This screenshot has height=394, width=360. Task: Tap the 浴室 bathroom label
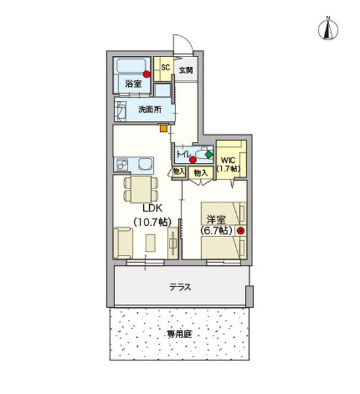pyautogui.click(x=133, y=84)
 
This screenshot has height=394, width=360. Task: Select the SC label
pyautogui.click(x=166, y=67)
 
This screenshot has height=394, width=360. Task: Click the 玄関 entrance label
pyautogui.click(x=185, y=70)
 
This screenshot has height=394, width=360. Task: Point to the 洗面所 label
pyautogui.click(x=150, y=110)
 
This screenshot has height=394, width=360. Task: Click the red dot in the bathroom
pyautogui.click(x=146, y=74)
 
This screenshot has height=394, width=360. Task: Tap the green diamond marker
pyautogui.click(x=209, y=154)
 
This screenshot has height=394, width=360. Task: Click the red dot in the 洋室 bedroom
pyautogui.click(x=240, y=230)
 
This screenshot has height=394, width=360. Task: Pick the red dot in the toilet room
pyautogui.click(x=192, y=159)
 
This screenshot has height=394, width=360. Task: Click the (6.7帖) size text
pyautogui.click(x=216, y=231)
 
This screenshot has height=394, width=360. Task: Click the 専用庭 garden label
pyautogui.click(x=179, y=334)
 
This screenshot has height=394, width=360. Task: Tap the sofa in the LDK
pyautogui.click(x=123, y=242)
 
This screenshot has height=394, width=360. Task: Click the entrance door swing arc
pyautogui.click(x=184, y=44)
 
